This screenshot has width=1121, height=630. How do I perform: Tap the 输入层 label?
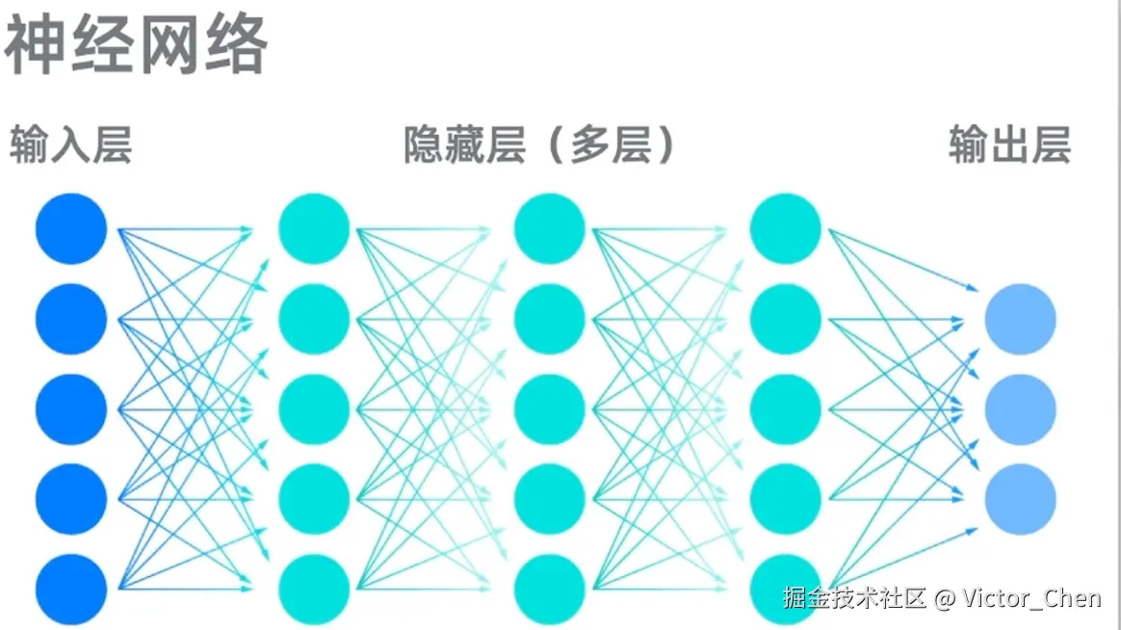(70, 146)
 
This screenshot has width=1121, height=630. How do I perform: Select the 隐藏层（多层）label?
(539, 146)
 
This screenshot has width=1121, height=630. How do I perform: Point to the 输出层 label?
(1009, 146)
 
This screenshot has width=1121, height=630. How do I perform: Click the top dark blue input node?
(71, 228)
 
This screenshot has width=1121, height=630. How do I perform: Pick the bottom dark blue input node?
(71, 588)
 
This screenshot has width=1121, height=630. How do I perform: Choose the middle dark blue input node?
(71, 408)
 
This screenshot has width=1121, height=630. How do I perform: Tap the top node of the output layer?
(1020, 319)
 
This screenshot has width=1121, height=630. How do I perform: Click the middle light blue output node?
(1020, 408)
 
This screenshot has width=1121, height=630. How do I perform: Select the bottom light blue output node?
(1020, 499)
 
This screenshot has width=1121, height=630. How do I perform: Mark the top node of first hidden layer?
(314, 228)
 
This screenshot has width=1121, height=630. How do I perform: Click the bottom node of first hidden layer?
(314, 588)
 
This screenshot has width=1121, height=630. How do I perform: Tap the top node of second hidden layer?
(550, 228)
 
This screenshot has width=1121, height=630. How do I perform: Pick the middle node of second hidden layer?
(550, 408)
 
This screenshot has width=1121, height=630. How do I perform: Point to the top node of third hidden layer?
(785, 228)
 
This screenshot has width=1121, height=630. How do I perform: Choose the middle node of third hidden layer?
(785, 408)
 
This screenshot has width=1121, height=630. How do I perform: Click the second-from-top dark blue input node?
(71, 319)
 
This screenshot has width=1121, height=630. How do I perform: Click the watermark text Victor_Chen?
(1031, 598)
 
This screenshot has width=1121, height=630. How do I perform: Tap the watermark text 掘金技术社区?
(854, 598)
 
